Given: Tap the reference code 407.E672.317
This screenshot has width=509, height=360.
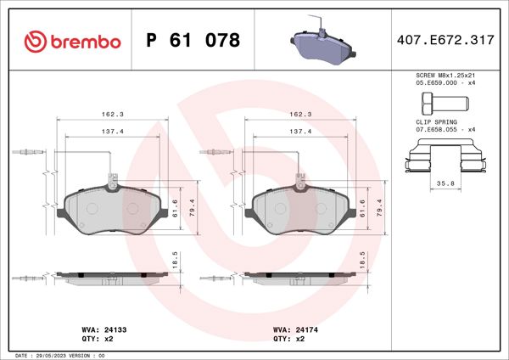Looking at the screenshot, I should pyautogui.click(x=445, y=41).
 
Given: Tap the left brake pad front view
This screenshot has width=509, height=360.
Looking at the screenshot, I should pyautogui.click(x=112, y=209).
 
